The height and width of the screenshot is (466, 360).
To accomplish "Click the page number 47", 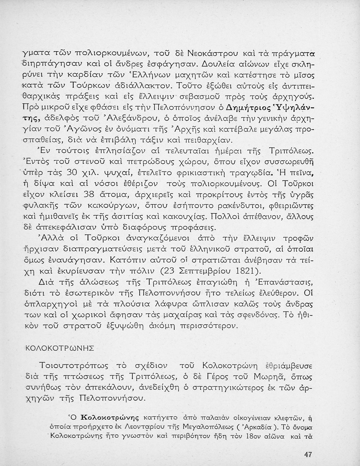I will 308,455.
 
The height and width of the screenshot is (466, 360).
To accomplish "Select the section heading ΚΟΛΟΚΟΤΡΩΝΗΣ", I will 59,348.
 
